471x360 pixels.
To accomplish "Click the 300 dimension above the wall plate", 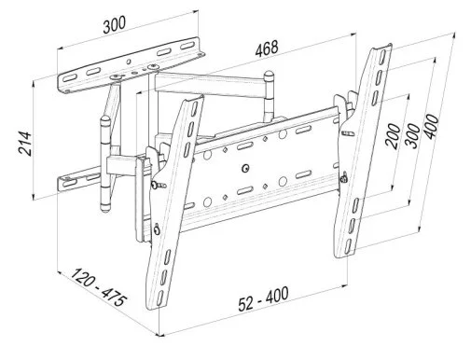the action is pos(115,24).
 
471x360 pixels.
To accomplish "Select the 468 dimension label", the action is pos(267,48).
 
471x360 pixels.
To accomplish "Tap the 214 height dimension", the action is pos(25,144).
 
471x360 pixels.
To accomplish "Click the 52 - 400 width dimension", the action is pos(263,298).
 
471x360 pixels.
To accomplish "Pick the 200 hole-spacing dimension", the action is pos(393,136).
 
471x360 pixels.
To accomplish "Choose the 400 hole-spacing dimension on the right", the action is pos(432,127).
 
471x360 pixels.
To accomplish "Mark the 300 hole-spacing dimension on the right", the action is pos(412,136).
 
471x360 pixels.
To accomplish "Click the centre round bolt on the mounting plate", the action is pos(245,168).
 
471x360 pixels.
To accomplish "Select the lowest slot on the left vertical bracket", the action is pos(159,298).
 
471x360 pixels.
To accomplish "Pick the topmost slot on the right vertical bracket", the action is pos(383,57).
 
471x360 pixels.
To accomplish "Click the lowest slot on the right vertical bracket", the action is pos(349,246).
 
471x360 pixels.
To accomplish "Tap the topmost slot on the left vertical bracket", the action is pos(194,109).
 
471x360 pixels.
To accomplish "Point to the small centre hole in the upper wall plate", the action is pos(129,62).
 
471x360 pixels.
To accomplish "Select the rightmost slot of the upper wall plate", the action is pos(187,47).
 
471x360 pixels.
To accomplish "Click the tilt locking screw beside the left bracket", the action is pos(158,185).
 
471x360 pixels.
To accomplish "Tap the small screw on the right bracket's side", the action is pos(343,177).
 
